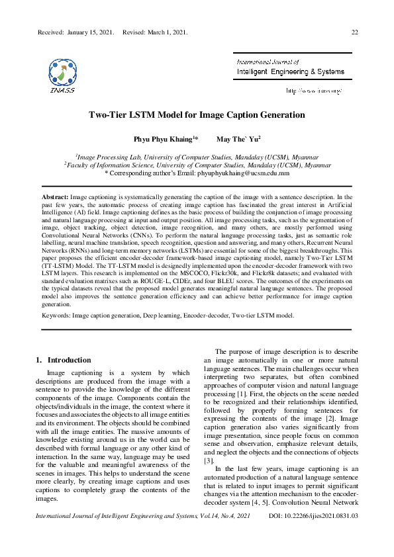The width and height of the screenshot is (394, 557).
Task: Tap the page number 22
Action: click(x=354, y=32)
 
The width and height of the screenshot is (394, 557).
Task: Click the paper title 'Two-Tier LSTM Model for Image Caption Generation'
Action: click(x=197, y=115)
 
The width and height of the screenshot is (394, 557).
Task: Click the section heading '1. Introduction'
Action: click(x=63, y=360)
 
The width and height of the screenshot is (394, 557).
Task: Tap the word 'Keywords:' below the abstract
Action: click(x=56, y=316)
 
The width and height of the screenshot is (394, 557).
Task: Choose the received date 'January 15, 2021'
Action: click(x=91, y=32)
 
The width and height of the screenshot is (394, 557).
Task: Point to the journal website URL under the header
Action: click(x=313, y=90)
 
